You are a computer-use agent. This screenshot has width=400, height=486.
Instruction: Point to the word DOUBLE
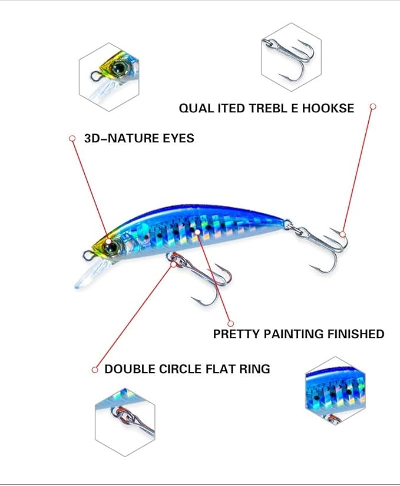click(x=130, y=369)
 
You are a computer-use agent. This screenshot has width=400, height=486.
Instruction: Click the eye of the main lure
click(x=111, y=247)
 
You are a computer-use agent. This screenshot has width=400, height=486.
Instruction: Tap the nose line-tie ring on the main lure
click(x=88, y=255)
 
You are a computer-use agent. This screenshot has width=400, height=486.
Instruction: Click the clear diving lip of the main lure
click(x=90, y=274)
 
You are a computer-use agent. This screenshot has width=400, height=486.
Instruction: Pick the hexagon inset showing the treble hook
click(x=291, y=57)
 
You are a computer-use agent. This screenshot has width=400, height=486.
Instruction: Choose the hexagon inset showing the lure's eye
click(x=109, y=77)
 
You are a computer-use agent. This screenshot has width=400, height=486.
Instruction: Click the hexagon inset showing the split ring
click(x=125, y=422)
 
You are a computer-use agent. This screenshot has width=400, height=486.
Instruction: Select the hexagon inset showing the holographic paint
click(x=335, y=391)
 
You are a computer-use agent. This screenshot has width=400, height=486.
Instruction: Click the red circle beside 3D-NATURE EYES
click(x=72, y=138)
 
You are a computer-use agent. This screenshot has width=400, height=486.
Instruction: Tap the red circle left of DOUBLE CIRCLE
click(x=95, y=370)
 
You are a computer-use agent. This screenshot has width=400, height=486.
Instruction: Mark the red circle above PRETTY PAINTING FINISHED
click(x=230, y=324)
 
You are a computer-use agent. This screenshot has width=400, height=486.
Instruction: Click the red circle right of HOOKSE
click(x=373, y=106)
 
